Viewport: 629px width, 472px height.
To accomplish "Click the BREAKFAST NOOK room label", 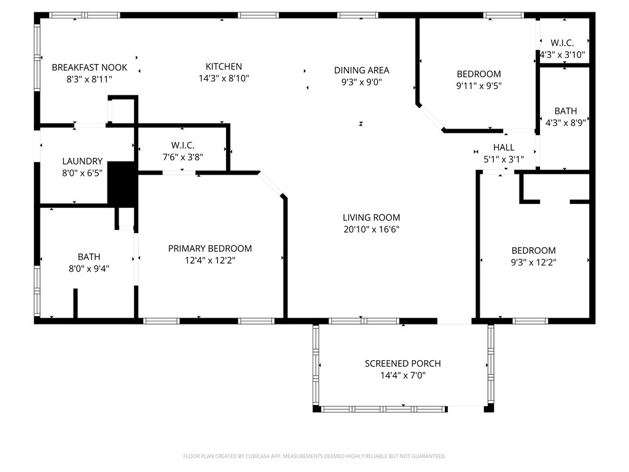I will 90,67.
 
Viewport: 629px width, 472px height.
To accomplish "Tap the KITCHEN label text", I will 224,66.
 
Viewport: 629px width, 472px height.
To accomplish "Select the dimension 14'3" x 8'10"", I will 224,79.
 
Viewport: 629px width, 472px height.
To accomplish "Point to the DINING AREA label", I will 361,70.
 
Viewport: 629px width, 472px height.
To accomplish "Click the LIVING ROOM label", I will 371,218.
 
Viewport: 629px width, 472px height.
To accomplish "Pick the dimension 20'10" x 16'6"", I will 371,230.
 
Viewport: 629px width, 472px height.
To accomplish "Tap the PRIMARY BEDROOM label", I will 210,248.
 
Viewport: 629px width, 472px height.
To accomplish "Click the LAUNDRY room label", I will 82,162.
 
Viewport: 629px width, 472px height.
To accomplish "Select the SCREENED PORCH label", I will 402,363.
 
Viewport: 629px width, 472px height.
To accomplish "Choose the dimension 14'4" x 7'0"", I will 402,375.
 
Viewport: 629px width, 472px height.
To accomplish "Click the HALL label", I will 504,147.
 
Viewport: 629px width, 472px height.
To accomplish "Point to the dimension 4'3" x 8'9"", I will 565,122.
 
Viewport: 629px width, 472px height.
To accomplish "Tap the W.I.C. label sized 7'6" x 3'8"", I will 183,145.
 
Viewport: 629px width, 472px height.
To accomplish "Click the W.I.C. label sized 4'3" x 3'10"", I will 562,43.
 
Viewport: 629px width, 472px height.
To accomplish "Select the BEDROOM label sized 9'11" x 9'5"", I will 479,74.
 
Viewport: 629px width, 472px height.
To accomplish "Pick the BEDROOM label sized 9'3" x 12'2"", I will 534,250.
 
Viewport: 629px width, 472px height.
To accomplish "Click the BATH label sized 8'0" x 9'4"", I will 88,256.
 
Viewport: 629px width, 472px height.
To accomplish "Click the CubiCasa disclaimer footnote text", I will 314,456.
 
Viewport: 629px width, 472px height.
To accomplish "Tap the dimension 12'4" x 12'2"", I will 210,260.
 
